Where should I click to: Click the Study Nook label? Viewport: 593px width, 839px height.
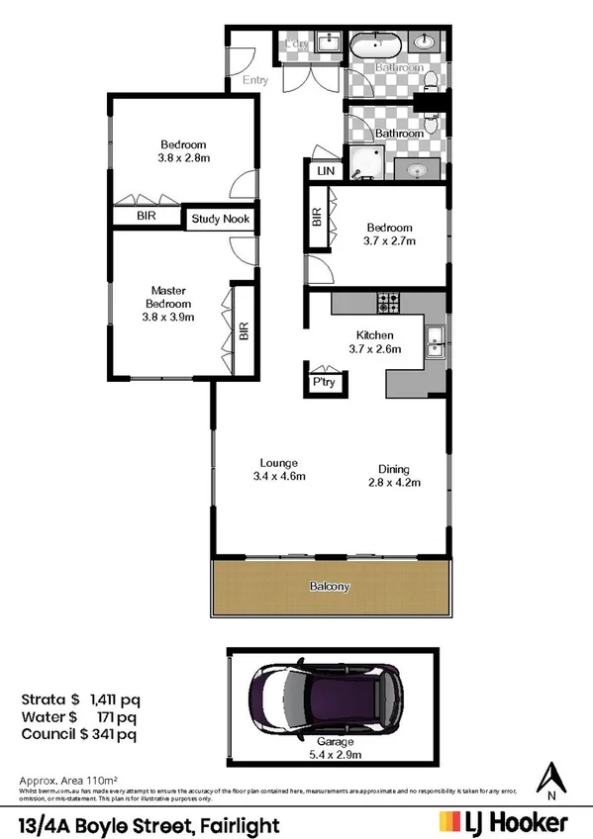[x=221, y=219]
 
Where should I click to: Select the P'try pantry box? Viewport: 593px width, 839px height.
[x=323, y=380]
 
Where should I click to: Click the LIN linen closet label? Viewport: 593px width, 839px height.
[x=325, y=172]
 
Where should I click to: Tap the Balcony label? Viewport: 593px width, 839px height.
[x=331, y=586]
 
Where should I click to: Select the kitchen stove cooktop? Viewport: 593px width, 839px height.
[x=385, y=302]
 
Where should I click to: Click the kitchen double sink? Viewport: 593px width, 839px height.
[x=435, y=341]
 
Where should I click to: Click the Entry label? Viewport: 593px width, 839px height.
[x=255, y=80]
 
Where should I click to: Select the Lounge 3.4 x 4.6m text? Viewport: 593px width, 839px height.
[x=279, y=469]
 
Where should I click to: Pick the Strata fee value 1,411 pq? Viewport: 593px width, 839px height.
[x=113, y=699]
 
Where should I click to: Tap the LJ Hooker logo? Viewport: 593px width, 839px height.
[x=503, y=822]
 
